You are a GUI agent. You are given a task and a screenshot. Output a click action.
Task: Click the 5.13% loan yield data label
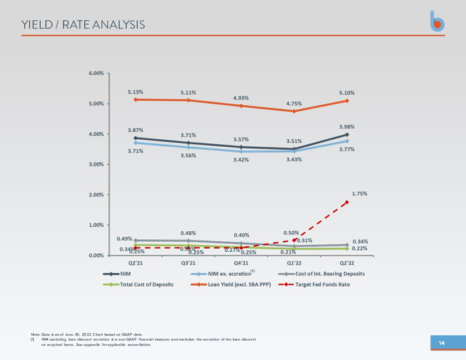136,92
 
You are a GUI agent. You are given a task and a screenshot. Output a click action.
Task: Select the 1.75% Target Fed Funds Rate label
359,193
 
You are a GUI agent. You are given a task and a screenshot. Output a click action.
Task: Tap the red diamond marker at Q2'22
347,202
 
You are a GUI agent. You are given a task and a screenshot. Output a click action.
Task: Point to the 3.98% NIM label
347,126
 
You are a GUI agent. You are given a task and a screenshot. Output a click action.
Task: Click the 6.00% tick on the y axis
96,73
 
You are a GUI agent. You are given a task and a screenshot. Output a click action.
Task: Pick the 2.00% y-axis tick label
96,195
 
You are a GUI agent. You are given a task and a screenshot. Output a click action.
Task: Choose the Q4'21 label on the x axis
241,262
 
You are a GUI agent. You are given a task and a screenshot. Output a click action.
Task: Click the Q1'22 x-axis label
294,262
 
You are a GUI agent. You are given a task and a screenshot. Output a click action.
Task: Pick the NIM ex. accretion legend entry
224,273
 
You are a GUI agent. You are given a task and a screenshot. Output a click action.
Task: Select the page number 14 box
441,343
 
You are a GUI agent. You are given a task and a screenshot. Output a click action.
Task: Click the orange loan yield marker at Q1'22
294,111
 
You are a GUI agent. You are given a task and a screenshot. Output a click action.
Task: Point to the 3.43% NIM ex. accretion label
294,159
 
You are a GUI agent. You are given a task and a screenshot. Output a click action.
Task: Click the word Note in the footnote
35,334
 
